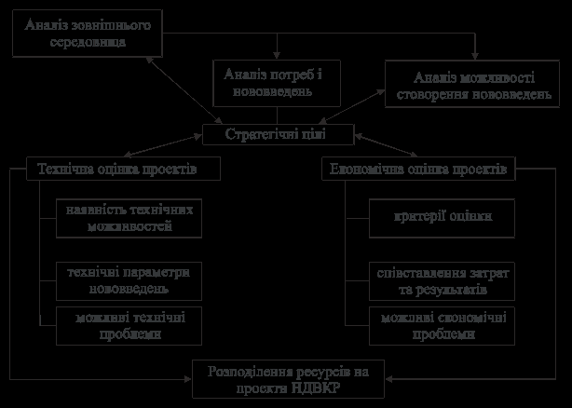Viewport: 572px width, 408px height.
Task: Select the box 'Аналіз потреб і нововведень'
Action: (274, 83)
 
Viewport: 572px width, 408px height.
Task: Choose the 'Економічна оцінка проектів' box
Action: (418, 170)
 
